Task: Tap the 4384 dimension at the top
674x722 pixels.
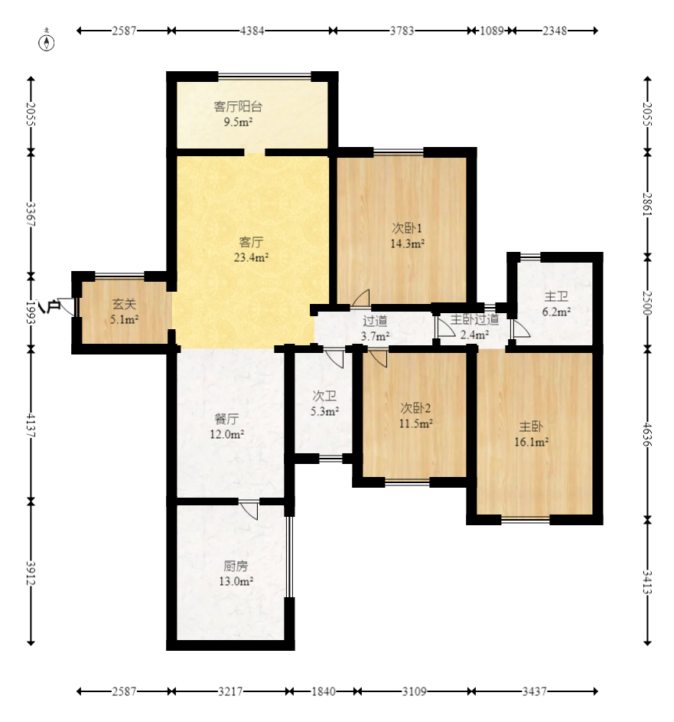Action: click(x=252, y=31)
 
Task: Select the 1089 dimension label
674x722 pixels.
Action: click(x=492, y=31)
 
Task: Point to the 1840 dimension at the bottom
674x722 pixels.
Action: click(x=324, y=691)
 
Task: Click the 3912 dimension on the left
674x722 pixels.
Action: click(x=31, y=573)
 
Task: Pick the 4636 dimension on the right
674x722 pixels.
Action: click(x=647, y=434)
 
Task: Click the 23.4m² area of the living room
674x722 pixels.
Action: click(x=251, y=257)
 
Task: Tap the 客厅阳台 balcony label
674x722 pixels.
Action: click(x=238, y=107)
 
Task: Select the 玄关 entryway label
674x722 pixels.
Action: click(x=124, y=305)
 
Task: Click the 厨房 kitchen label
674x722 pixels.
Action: click(x=236, y=566)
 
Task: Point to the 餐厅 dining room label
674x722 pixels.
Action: click(x=226, y=419)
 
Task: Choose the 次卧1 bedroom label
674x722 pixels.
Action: click(x=407, y=228)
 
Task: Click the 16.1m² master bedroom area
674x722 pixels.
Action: click(x=532, y=442)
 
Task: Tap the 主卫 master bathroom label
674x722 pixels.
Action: click(x=556, y=296)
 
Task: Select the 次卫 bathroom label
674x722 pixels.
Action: click(x=324, y=396)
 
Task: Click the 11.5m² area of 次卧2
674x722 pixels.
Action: click(x=415, y=423)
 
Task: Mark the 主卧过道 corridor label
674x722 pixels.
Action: click(x=474, y=319)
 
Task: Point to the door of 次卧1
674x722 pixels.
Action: click(x=362, y=298)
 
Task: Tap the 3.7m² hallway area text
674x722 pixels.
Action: click(x=376, y=337)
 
